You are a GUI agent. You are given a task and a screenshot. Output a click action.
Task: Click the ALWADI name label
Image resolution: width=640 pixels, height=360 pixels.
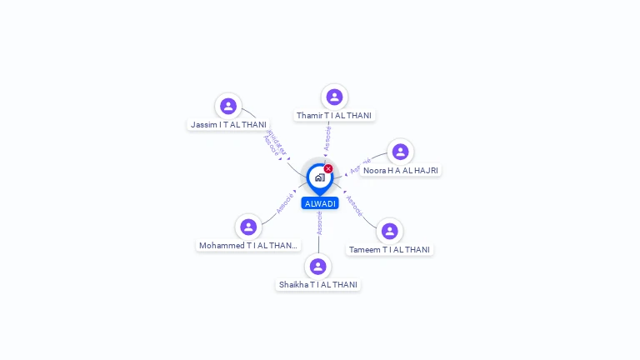click(320, 203)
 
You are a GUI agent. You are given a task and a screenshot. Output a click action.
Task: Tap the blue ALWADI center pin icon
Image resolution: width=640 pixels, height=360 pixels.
click(319, 177)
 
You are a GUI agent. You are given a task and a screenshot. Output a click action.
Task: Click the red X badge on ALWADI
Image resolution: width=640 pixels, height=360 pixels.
click(328, 169)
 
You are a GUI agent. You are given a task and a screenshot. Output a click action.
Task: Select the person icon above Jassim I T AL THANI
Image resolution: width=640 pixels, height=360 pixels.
click(228, 106)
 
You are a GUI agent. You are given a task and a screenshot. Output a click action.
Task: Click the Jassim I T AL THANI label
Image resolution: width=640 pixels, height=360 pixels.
click(228, 124)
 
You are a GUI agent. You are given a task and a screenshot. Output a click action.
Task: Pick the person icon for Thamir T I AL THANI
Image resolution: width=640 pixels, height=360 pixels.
click(334, 97)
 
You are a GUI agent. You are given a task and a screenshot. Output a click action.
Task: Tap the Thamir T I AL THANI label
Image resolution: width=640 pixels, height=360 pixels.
click(334, 115)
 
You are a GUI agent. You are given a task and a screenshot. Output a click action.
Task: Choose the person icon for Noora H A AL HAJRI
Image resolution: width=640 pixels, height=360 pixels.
click(400, 152)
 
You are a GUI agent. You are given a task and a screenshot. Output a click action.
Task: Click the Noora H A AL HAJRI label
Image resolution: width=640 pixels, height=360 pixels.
click(401, 170)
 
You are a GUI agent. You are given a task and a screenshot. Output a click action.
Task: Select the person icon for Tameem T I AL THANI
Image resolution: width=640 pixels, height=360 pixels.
click(389, 231)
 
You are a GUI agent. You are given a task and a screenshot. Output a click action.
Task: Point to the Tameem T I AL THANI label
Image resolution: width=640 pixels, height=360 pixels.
click(389, 249)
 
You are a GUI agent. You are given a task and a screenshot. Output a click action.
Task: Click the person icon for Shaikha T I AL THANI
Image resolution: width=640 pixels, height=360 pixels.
click(317, 267)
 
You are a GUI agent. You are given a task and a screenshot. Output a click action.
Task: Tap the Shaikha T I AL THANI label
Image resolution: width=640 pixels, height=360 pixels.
click(318, 284)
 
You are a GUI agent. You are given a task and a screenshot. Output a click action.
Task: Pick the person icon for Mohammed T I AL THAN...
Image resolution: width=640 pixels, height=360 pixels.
click(248, 227)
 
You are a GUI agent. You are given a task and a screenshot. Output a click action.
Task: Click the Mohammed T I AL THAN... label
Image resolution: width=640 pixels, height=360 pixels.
click(248, 245)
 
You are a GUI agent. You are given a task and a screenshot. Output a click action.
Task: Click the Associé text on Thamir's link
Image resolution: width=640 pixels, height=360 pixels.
click(327, 137)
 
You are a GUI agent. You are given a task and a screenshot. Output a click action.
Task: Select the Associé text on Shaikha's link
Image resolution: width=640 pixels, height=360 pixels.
click(319, 222)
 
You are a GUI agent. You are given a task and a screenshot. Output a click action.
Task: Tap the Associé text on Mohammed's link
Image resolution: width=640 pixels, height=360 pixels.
click(285, 203)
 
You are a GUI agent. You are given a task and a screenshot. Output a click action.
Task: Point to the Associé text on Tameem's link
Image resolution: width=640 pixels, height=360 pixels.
click(354, 206)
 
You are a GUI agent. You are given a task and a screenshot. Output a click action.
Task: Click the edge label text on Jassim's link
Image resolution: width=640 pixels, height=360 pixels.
click(274, 143)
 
